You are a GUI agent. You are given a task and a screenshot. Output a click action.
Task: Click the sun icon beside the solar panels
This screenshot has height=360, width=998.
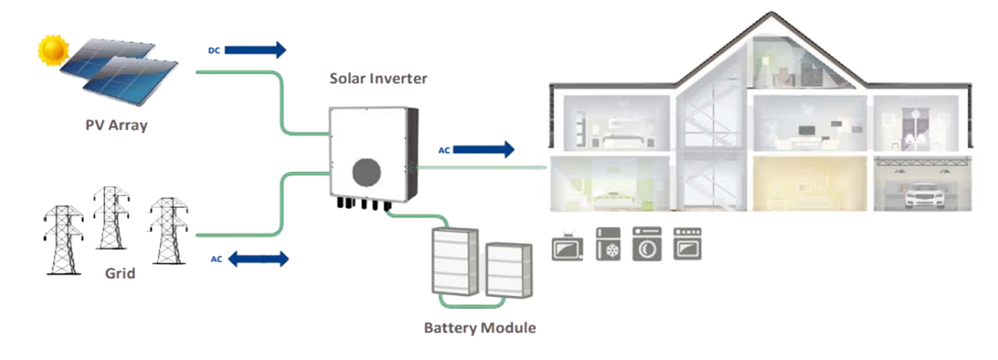coord(52,50)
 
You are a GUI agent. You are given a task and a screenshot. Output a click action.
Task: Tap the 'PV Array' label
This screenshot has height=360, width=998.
coord(116,125)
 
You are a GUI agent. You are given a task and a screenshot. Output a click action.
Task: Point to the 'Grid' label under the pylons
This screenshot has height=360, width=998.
coord(119,274)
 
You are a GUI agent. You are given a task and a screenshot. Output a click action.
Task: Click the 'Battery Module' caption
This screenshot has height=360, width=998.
coord(479,327)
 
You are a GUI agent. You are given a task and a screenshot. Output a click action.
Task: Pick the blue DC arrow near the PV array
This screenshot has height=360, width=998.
coord(254,50)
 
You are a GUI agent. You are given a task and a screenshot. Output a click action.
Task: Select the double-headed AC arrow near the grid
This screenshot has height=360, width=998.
coord(257,259)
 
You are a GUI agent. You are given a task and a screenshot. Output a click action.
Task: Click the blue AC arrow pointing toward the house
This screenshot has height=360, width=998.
coord(484,150)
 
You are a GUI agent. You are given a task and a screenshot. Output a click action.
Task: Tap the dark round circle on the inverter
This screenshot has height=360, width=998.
coord(370,173)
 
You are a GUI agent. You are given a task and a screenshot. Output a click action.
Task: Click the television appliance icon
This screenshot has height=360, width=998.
coord(568,246)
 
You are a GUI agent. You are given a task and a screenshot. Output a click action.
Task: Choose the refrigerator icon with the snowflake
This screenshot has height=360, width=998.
coord(608,244)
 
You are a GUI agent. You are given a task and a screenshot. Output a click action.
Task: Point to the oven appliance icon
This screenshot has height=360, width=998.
coord(687,244)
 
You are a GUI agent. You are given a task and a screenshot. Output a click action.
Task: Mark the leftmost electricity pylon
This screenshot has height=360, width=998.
coord(63,240)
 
